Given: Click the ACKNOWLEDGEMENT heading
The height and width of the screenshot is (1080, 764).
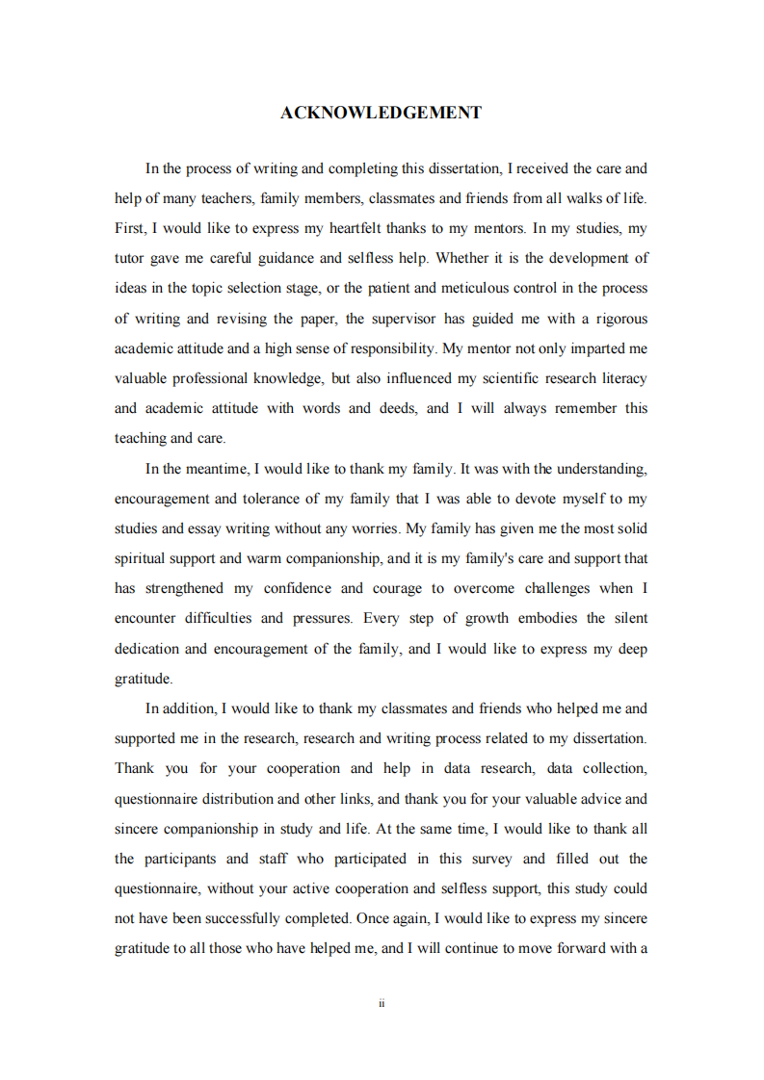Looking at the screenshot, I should (382, 113).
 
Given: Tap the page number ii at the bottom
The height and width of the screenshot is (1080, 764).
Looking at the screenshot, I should (382, 1003).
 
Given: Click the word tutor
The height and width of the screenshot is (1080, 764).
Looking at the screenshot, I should (130, 258).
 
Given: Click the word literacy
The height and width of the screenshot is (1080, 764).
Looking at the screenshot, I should (619, 378).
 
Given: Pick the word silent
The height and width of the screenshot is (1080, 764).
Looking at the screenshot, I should (624, 618).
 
